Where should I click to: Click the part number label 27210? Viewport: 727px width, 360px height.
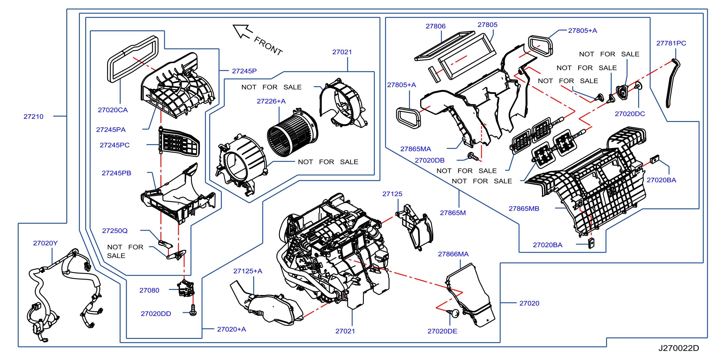tap(33, 116)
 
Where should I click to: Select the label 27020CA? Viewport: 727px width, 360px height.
tap(113, 110)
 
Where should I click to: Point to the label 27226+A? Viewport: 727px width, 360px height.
tap(271, 101)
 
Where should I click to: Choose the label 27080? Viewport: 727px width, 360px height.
tap(149, 290)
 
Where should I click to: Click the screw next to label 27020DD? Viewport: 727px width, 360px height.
tap(193, 310)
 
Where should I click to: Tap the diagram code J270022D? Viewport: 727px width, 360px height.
tap(678, 348)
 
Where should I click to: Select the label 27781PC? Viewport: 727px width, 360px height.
tap(671, 43)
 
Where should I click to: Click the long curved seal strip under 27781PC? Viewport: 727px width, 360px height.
tap(673, 83)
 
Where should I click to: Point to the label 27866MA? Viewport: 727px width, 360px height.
tap(453, 254)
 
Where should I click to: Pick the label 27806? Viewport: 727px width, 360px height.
tap(435, 26)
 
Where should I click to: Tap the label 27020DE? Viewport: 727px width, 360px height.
tap(442, 331)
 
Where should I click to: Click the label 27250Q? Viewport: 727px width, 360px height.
tap(115, 231)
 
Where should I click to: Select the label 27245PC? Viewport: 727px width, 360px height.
tap(115, 145)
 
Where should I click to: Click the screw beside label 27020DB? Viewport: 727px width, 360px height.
tap(473, 156)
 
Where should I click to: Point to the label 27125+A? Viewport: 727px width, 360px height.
tap(248, 271)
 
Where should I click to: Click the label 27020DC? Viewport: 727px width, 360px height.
tap(630, 114)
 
